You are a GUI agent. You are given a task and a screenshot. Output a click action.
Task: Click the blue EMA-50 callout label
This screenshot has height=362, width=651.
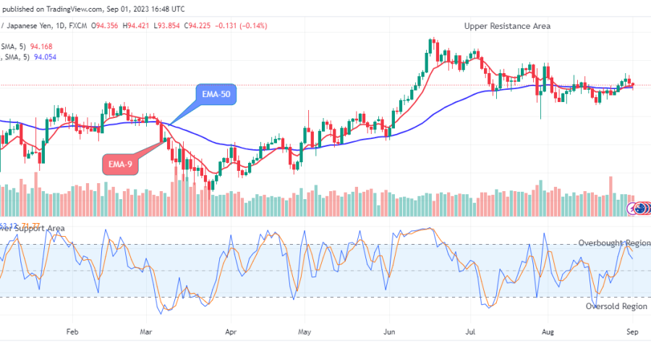click(x=217, y=94)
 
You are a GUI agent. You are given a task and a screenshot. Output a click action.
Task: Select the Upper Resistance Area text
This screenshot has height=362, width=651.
click(x=507, y=26)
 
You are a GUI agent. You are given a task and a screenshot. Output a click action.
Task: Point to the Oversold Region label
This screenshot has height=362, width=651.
click(x=616, y=306)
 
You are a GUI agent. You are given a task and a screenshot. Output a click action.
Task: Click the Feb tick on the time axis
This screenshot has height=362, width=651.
click(x=72, y=332)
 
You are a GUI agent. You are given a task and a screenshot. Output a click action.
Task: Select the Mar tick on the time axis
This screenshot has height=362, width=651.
click(x=147, y=332)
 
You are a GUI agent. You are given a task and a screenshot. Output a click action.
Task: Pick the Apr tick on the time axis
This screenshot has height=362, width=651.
click(x=231, y=332)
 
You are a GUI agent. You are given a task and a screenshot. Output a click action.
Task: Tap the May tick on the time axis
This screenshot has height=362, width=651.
click(x=304, y=332)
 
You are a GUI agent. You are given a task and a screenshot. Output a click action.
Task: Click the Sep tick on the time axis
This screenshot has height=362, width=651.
click(x=631, y=332)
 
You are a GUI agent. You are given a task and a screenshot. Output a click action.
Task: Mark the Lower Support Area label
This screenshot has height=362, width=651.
click(x=33, y=229)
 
